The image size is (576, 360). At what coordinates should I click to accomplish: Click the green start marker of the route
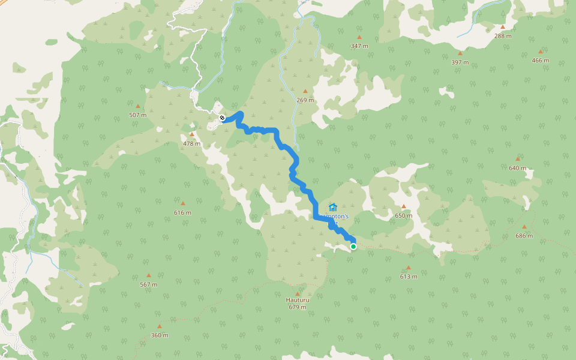point(353,247)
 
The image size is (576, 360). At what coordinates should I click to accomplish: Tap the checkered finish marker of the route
point(222,118)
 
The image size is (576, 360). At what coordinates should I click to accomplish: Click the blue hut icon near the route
point(333,207)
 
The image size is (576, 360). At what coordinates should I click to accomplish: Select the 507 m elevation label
point(137,115)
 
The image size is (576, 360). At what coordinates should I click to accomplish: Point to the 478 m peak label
point(191,143)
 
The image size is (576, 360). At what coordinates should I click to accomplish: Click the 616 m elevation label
point(182,212)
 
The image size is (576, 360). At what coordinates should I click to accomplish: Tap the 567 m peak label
point(148,284)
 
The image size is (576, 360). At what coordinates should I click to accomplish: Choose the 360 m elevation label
point(159,335)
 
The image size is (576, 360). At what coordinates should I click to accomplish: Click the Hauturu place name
point(297,300)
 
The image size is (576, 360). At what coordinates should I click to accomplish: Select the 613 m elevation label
point(409,277)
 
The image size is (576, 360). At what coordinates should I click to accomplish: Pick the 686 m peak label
point(524,236)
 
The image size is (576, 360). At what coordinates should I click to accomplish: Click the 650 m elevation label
point(403,215)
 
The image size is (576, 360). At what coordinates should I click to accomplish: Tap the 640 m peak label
point(517,168)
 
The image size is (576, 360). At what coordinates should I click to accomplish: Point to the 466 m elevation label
point(540,60)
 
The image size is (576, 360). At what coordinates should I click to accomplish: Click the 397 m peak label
point(460,62)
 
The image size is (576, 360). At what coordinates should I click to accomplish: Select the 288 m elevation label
point(503,36)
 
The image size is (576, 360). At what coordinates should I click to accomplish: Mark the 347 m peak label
point(359,46)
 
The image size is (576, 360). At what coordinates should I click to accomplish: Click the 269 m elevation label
point(305,100)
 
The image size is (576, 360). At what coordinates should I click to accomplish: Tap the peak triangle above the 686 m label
point(524,227)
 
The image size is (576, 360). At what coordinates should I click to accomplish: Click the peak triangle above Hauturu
point(297,293)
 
